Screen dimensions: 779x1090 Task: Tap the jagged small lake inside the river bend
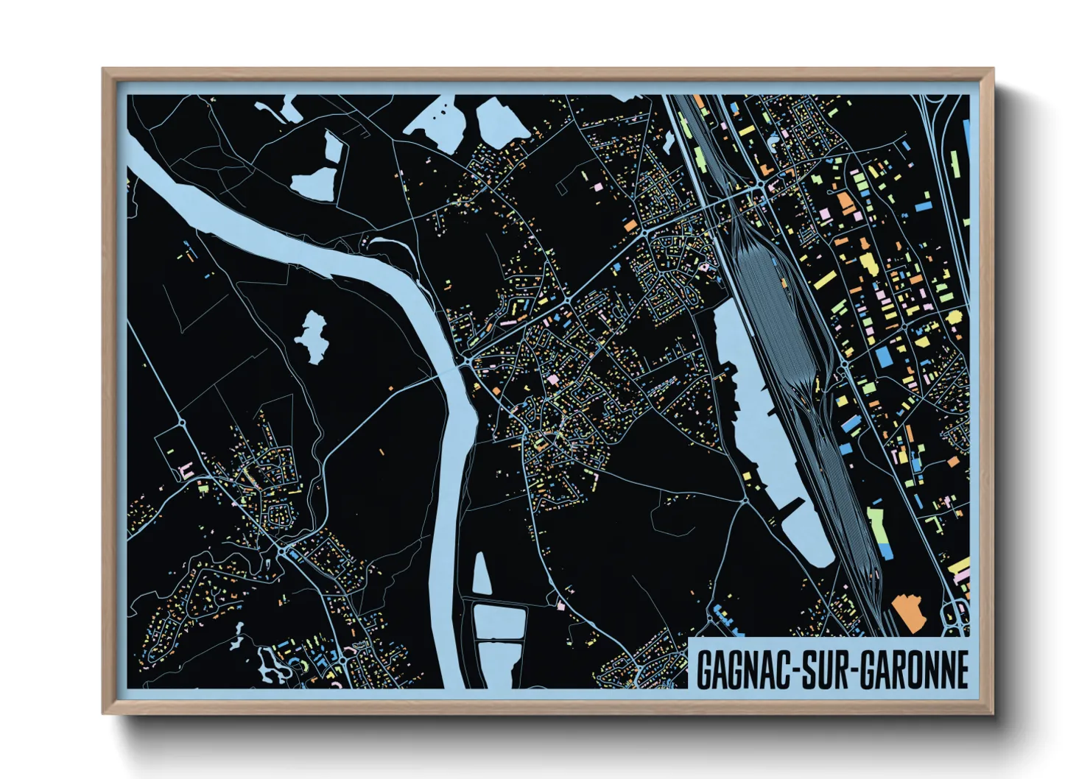(x=312, y=337)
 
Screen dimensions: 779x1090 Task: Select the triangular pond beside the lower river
(x=482, y=575)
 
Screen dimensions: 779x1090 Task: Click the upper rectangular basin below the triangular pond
(x=499, y=622)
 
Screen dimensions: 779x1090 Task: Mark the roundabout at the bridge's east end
(x=467, y=362)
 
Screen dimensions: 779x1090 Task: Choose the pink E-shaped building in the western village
(x=186, y=469)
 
